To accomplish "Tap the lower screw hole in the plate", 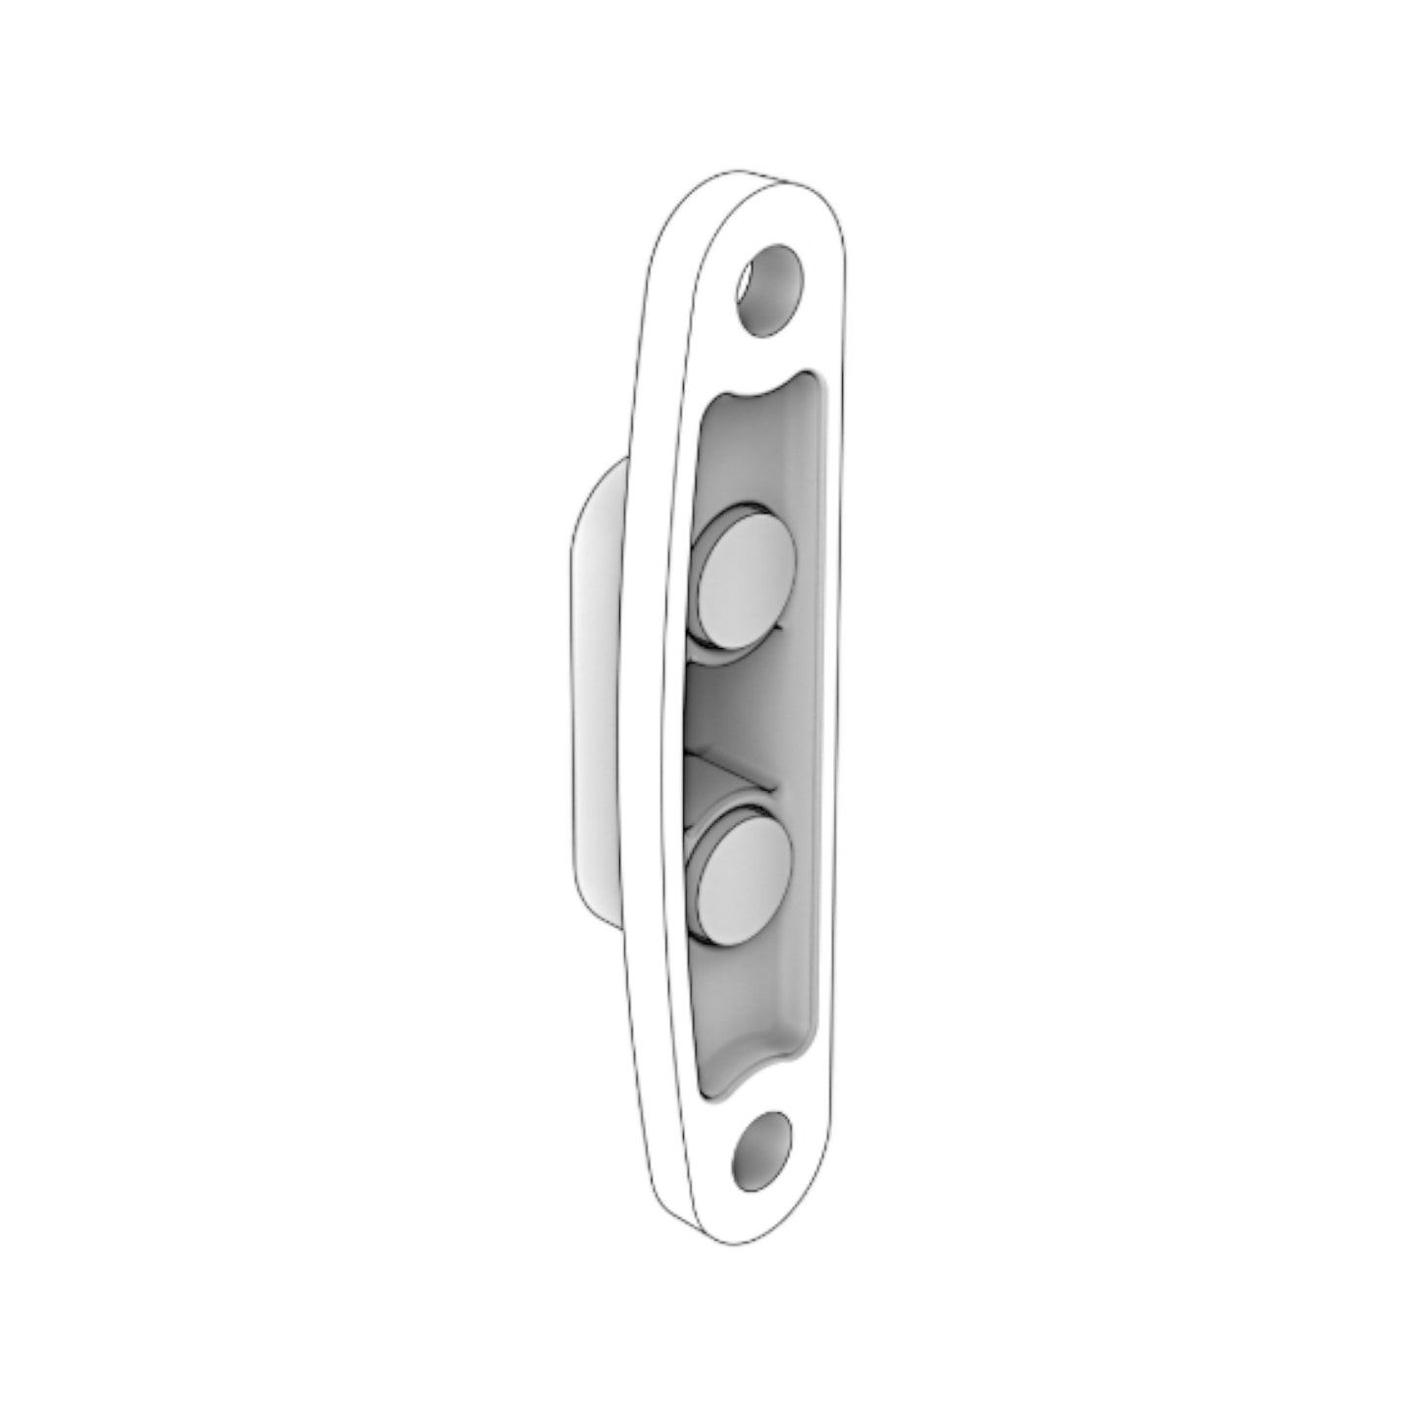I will point(760,1149).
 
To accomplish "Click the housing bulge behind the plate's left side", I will point(592,686).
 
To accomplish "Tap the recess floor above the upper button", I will point(755,451).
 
